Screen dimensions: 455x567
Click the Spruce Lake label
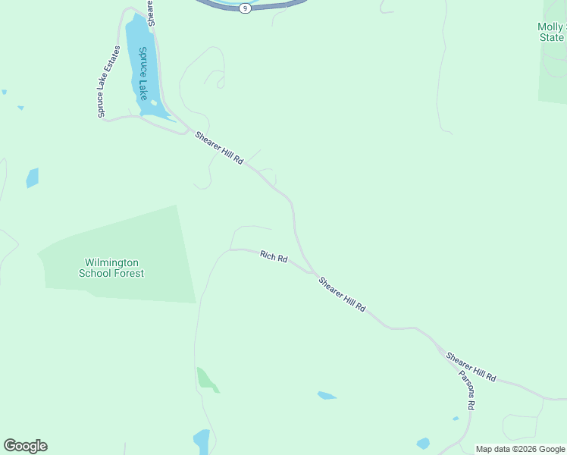click(143, 74)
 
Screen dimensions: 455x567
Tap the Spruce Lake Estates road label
click(108, 82)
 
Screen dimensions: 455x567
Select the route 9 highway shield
click(245, 8)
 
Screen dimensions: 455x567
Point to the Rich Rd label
click(274, 257)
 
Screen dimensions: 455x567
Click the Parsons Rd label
click(466, 390)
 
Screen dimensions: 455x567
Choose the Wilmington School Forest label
click(111, 268)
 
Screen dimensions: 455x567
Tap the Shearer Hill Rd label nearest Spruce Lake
click(219, 149)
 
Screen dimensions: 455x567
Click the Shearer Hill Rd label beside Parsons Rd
click(471, 366)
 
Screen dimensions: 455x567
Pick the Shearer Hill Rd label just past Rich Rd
click(343, 295)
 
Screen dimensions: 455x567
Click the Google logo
click(25, 446)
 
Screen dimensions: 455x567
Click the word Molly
click(550, 27)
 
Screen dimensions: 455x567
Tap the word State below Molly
click(551, 37)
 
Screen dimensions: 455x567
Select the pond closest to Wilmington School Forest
click(33, 177)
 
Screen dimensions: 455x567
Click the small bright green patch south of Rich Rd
click(207, 379)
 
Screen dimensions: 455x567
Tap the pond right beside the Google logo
click(202, 441)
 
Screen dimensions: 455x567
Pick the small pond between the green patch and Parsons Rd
click(327, 395)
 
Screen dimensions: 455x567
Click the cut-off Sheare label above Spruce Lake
click(152, 13)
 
